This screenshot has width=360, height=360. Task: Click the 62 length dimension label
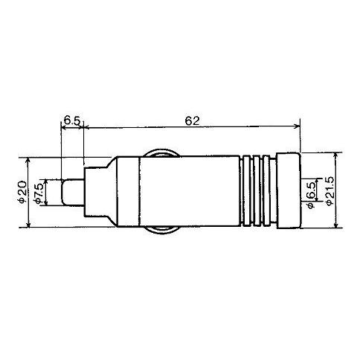click(192, 120)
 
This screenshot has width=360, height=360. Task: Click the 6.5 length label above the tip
click(72, 121)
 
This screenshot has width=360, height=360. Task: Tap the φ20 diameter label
click(22, 192)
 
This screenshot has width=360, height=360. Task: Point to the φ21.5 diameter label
click(330, 190)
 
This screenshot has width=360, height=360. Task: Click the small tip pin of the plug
click(72, 193)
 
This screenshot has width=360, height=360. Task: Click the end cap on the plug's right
click(289, 190)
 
